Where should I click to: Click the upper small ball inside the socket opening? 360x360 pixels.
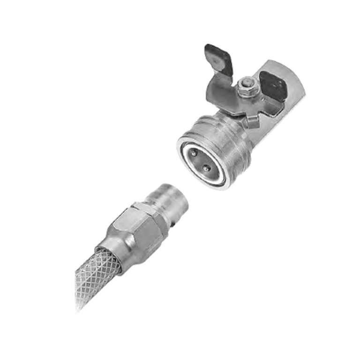193,152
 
